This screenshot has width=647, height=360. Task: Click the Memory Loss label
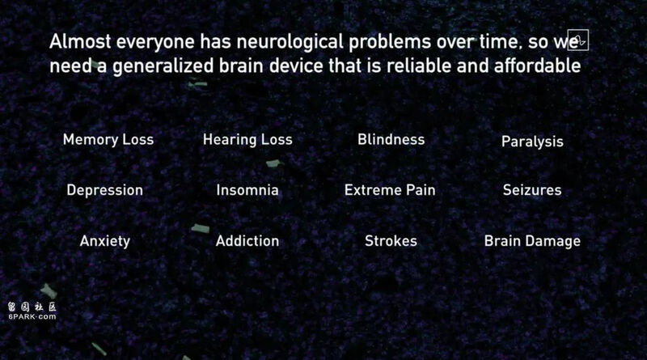[108, 139]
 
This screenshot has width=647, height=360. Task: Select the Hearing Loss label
[247, 139]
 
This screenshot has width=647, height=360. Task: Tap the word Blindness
[391, 139]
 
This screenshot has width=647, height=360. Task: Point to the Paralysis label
[532, 142]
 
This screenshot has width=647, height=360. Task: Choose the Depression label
[105, 190]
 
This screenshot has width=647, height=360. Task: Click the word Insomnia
[247, 190]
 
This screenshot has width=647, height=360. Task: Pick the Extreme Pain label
[390, 190]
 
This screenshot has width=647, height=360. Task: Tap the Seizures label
[532, 190]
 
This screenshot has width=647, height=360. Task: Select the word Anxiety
[105, 241]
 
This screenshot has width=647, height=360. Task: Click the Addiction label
[247, 241]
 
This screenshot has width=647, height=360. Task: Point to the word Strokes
[391, 241]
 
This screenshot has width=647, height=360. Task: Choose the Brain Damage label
[532, 241]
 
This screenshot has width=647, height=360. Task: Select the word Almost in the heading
[80, 42]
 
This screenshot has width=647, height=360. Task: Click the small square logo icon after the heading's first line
[577, 40]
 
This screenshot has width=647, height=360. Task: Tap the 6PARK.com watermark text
[32, 316]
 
